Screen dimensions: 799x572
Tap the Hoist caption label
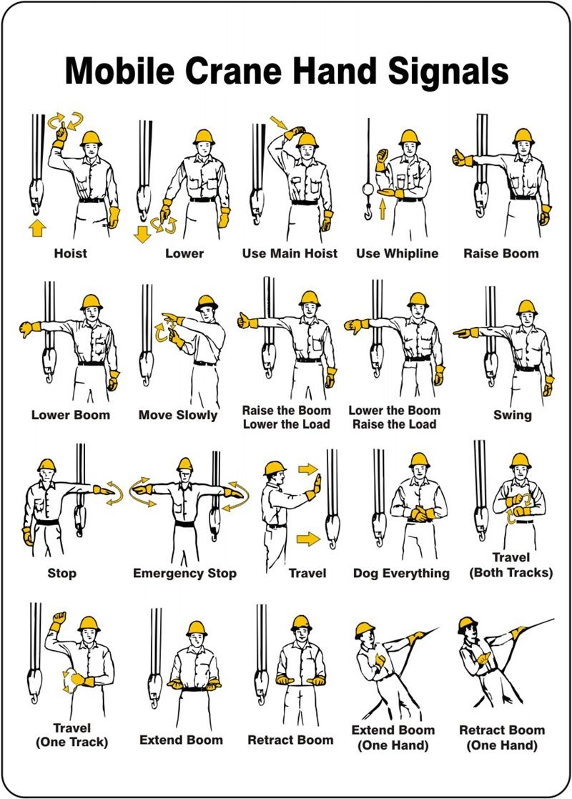click(70, 253)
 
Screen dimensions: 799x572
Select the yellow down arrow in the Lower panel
click(143, 233)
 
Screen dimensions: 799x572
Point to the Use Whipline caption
click(397, 253)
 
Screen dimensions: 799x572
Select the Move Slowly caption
click(177, 415)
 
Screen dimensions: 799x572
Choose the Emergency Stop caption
click(184, 573)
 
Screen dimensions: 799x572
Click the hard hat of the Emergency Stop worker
click(185, 464)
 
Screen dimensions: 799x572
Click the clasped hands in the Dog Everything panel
click(419, 513)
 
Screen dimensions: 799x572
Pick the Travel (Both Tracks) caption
click(511, 565)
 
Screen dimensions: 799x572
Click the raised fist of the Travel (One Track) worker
click(58, 617)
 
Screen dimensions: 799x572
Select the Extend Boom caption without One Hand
click(181, 740)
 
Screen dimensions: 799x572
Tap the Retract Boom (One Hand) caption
click(501, 737)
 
